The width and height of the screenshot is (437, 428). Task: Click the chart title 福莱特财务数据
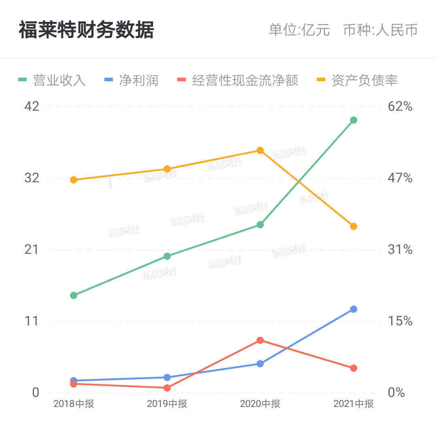coord(86,30)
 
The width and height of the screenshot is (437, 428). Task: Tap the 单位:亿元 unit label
coord(299,30)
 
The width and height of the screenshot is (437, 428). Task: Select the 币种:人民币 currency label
coord(380,30)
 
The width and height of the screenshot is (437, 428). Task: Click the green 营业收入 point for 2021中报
coord(354,120)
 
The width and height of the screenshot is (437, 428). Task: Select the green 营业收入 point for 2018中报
coord(74,295)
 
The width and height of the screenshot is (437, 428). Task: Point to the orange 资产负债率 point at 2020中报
coord(260,150)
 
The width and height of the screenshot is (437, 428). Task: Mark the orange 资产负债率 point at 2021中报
coord(354,226)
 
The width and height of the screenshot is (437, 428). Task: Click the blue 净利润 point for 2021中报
coord(354,309)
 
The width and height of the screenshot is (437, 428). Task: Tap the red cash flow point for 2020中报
coord(260,340)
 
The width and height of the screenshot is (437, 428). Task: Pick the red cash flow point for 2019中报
coord(167,388)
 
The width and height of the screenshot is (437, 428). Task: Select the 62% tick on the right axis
coord(400,107)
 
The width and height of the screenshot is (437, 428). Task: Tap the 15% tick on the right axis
coord(400,321)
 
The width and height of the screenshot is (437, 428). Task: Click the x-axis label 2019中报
coord(167,404)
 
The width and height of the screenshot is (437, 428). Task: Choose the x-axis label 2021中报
coord(354,404)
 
